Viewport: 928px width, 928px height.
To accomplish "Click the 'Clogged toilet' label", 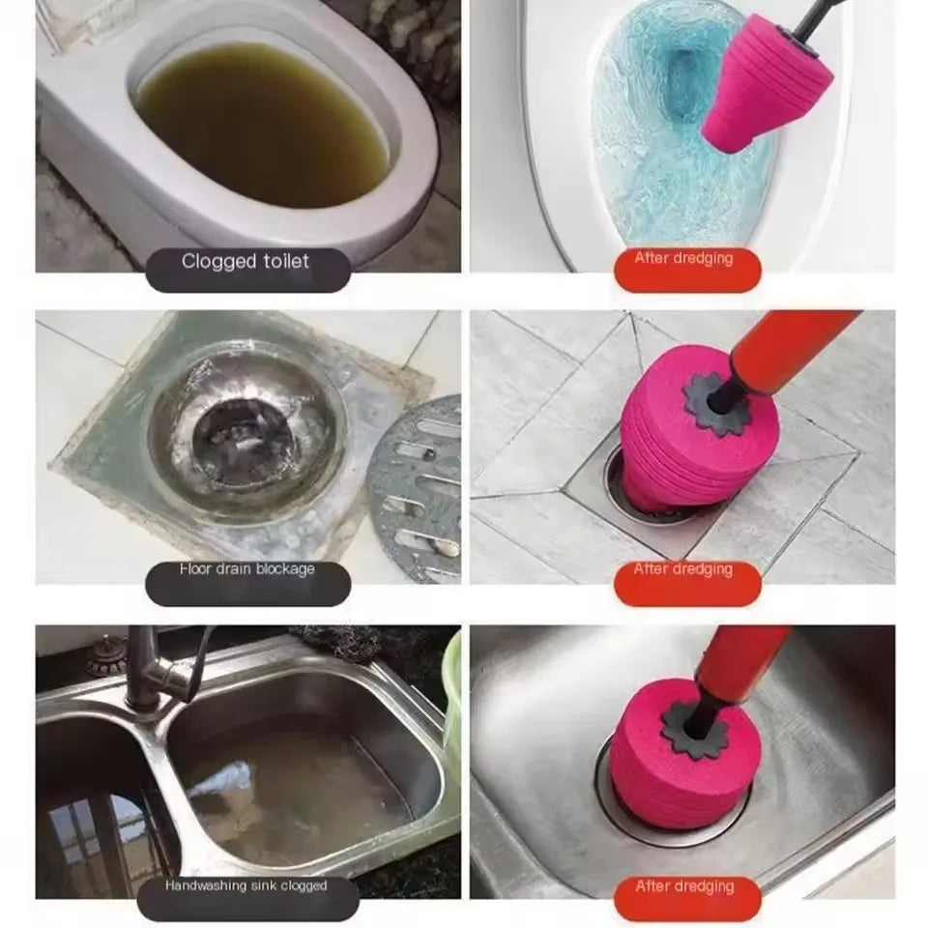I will pos(246,262).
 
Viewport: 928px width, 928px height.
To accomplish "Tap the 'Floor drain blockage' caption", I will pos(246,570).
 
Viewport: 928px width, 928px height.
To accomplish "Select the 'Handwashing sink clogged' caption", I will pos(246,886).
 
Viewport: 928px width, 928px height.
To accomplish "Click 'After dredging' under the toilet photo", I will pos(683,259).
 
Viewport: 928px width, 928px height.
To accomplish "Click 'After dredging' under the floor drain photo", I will pos(683,570).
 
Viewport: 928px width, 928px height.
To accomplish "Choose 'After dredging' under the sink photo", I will pos(683,886).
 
